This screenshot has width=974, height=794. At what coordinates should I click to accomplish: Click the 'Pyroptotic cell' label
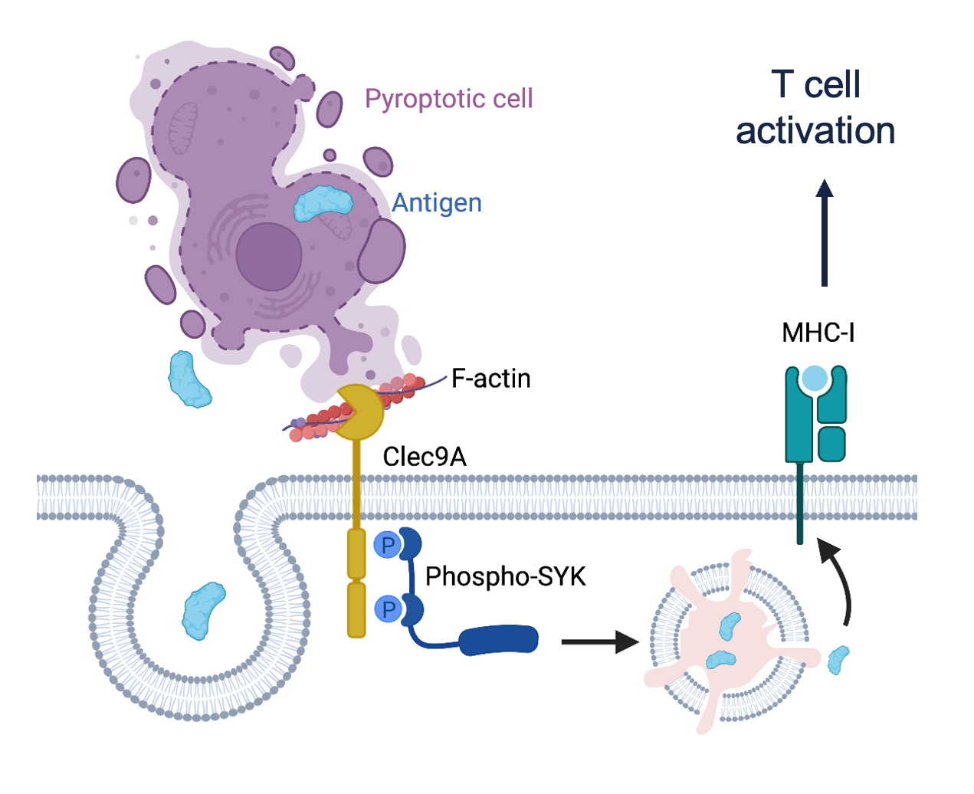click(x=448, y=99)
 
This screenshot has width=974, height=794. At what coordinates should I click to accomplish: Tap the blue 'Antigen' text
click(x=437, y=203)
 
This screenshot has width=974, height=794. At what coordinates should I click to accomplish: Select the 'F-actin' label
click(x=491, y=379)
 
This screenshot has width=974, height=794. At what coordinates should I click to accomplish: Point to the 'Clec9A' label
click(x=425, y=457)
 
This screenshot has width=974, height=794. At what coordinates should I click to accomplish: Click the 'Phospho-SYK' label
click(x=506, y=576)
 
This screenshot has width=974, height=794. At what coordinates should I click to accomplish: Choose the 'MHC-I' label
click(x=818, y=333)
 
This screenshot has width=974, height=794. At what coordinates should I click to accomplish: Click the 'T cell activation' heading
click(x=815, y=107)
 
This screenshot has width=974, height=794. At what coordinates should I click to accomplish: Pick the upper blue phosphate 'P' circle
click(x=388, y=546)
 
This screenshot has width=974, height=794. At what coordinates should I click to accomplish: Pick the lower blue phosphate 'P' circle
click(x=389, y=610)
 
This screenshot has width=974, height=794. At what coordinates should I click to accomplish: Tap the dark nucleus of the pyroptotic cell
click(x=268, y=256)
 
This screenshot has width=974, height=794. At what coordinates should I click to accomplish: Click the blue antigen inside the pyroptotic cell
click(x=323, y=203)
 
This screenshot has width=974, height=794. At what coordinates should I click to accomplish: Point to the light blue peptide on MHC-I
click(x=815, y=379)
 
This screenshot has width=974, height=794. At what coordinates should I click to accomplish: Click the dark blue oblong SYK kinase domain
click(x=499, y=640)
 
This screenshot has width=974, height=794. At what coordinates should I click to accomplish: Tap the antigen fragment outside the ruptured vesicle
click(x=839, y=659)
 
